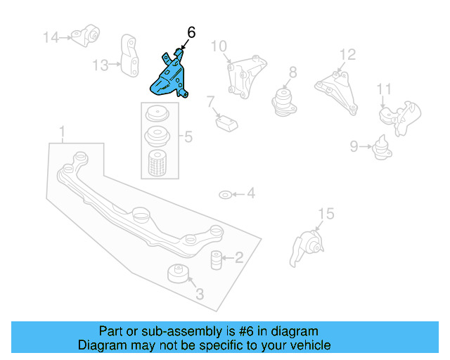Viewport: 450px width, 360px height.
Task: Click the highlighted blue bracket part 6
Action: tap(169, 77)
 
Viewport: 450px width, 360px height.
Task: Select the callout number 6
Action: tap(191, 32)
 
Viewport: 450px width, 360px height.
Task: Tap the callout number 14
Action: tap(51, 37)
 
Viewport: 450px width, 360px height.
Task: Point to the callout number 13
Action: tap(100, 65)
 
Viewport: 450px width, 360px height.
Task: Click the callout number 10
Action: tap(219, 47)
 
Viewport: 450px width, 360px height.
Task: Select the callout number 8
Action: tap(292, 72)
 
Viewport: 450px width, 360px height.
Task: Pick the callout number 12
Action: tap(348, 54)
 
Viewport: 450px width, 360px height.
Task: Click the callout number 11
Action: tap(383, 89)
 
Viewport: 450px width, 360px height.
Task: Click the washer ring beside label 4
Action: tap(224, 193)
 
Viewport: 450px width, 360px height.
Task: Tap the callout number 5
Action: tap(188, 136)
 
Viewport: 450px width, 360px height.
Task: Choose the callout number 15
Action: tap(324, 214)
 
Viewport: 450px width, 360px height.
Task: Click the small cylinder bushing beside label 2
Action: tap(217, 258)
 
